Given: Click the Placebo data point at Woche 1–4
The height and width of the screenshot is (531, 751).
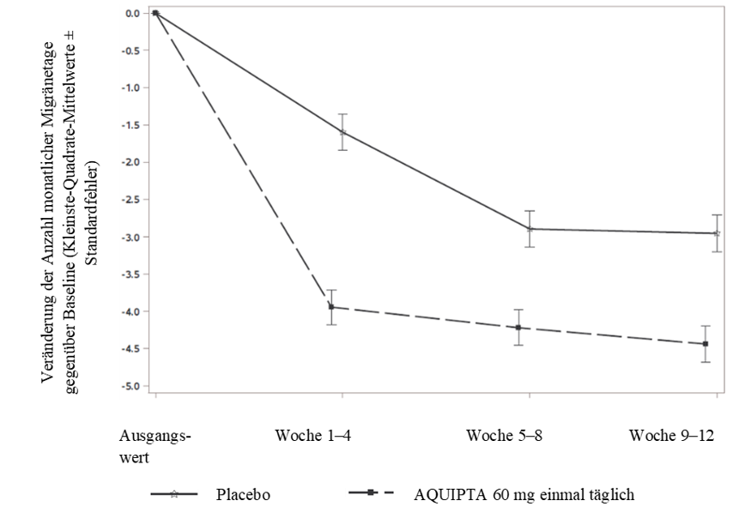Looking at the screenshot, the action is pos(342,132).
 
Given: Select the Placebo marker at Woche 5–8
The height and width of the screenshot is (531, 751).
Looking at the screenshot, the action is pos(530,229).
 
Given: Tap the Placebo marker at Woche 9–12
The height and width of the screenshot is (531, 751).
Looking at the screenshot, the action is pos(717,233).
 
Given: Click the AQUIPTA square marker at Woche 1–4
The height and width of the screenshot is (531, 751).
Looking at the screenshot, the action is pos(331,307).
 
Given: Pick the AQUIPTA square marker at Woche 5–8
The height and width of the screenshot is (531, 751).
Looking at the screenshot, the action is pos(518,328).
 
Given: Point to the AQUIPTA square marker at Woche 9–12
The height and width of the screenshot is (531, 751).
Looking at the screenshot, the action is pos(705,344).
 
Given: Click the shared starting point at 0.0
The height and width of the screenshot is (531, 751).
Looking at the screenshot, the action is pos(155,13).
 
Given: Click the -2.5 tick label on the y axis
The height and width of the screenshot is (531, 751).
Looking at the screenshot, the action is pos(130,199).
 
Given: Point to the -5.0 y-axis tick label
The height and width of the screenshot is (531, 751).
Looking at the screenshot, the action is pos(130,386).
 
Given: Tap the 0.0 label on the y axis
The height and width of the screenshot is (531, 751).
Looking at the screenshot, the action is pos(132,13).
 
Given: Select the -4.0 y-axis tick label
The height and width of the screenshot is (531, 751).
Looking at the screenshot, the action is pos(130,311).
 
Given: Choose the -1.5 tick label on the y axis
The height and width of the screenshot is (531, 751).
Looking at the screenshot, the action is pos(130,125).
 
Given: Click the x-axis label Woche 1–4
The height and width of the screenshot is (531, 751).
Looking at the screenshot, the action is pos(312,435).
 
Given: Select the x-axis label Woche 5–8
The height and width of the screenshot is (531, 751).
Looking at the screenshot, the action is pos(505,435).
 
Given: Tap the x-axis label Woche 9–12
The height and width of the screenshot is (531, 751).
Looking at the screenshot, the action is pos(671,435).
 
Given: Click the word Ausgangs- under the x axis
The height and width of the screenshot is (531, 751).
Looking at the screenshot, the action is pos(155,437).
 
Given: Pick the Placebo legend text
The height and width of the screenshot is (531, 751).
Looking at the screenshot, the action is pos(243,494).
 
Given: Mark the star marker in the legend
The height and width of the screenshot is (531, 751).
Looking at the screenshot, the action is pos(174,494).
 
